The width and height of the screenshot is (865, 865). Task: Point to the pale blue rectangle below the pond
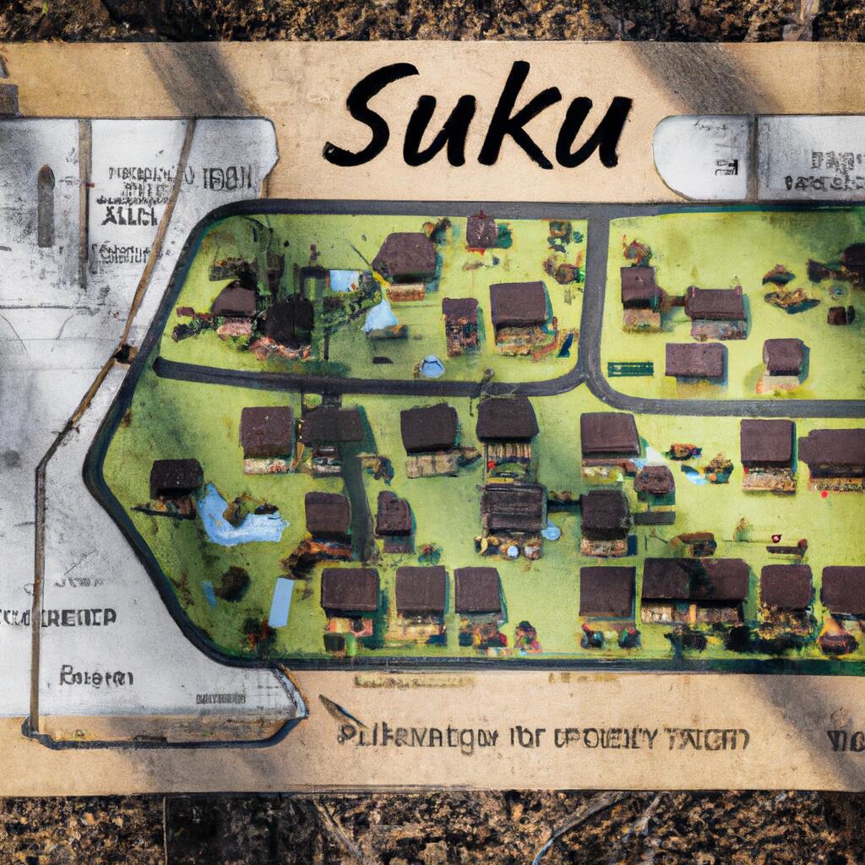pos(281,601)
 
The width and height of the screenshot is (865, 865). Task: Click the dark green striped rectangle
pos(630,369)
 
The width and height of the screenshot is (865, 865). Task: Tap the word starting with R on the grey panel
pos(95,677)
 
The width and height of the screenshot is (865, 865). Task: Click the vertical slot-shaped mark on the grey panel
pos(46,206)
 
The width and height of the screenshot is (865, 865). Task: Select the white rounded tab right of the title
pos(701,158)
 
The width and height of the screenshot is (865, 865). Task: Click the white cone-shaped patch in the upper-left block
pos(381,316)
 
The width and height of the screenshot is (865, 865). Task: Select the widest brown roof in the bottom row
pos(694,580)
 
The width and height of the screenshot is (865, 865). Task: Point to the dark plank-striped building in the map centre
pos(513,507)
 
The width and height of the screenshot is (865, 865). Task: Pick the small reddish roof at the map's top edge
pos(481,230)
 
